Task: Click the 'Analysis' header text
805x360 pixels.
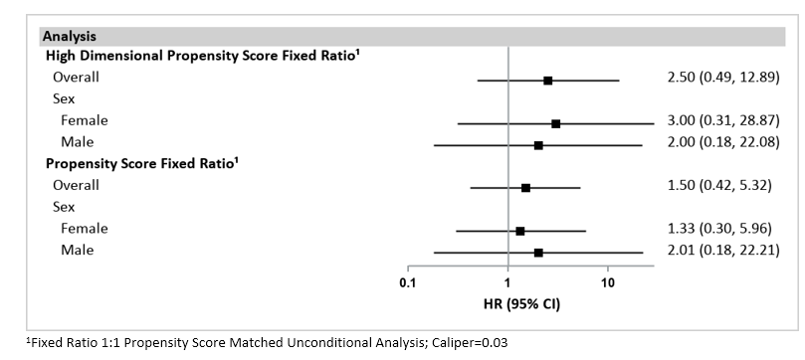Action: [x=69, y=36]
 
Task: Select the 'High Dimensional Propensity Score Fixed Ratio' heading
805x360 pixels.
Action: [x=199, y=57]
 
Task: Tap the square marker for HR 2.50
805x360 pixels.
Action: [x=547, y=80]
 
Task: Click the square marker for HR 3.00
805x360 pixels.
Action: [x=555, y=123]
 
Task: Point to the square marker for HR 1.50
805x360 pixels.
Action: [x=525, y=187]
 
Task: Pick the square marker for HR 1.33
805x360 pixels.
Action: [x=520, y=231]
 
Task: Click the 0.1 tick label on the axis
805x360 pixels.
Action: [x=407, y=283]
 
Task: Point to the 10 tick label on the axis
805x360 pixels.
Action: [x=608, y=283]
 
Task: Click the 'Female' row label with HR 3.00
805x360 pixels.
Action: [x=84, y=120]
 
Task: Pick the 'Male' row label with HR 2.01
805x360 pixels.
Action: [x=77, y=251]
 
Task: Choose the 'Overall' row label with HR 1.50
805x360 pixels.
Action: [x=76, y=185]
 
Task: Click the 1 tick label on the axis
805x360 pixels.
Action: [x=507, y=283]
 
